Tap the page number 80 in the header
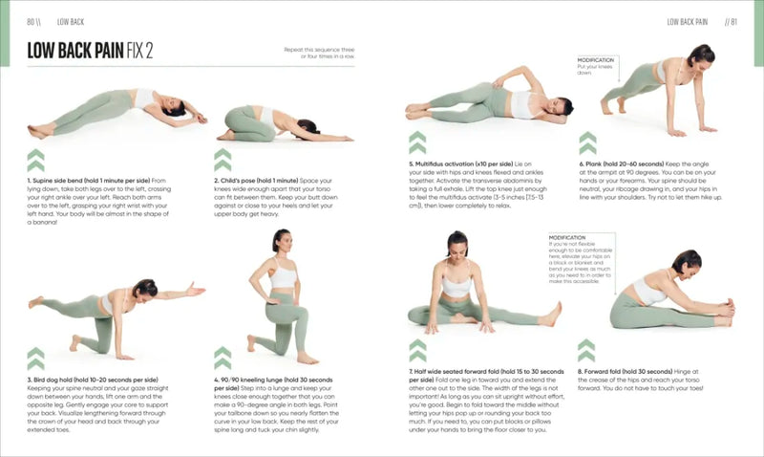coord(34,21)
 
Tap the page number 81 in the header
coord(731,21)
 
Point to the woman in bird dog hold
coord(115,311)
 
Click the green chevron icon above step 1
coord(35,160)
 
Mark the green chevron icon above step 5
coord(417,143)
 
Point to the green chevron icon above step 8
coord(585,350)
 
